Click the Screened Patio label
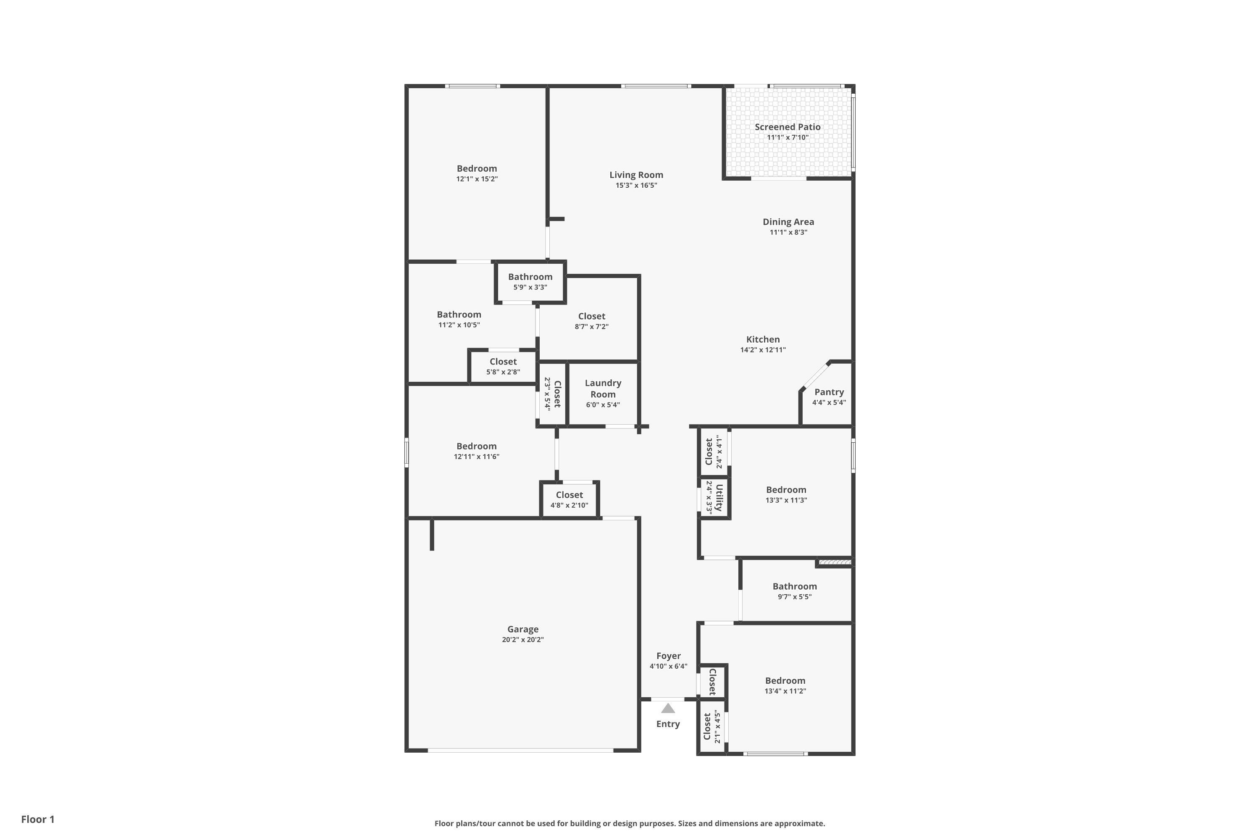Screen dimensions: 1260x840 (787, 127)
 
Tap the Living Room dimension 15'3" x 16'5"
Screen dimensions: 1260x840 (636, 185)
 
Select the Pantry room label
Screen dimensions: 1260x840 (829, 392)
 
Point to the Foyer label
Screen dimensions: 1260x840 (669, 656)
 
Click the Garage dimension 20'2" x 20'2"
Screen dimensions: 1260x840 (523, 640)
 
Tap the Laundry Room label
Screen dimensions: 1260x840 (603, 388)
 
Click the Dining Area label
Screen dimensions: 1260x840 (789, 222)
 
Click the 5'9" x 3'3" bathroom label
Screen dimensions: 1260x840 (530, 287)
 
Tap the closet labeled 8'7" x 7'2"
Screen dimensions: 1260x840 (592, 321)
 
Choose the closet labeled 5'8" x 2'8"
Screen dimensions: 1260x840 (503, 366)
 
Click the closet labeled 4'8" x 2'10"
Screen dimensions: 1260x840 (570, 500)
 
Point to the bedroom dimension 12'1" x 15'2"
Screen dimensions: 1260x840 (477, 179)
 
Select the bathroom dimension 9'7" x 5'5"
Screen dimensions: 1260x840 (795, 597)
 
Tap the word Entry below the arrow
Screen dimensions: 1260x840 (668, 724)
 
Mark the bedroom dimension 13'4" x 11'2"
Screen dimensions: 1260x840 (785, 691)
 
